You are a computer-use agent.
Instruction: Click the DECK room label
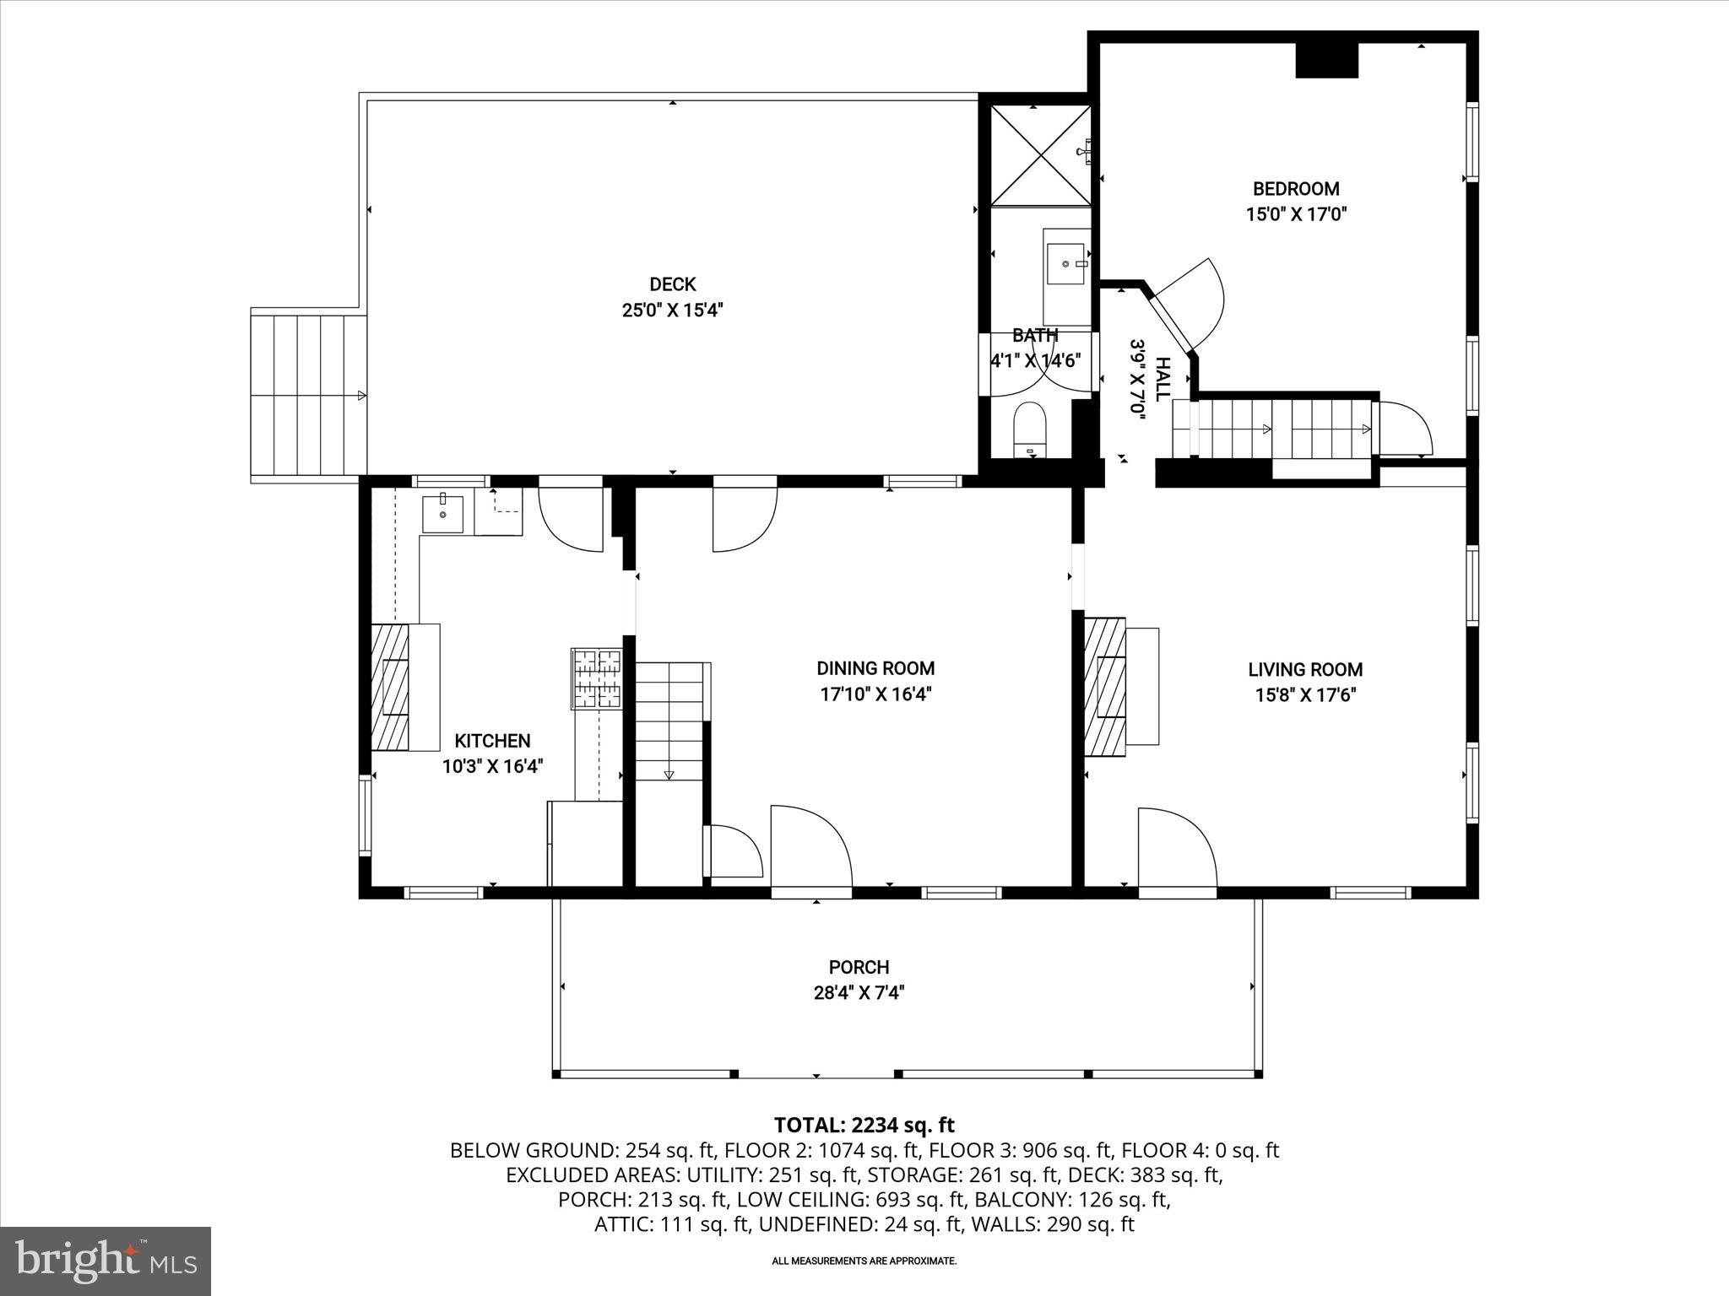tap(672, 284)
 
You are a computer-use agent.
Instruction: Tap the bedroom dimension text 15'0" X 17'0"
tap(1295, 214)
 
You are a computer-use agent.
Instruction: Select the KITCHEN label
tap(492, 741)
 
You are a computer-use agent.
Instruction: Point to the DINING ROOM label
tap(875, 668)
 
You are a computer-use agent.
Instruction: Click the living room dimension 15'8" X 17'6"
tap(1305, 695)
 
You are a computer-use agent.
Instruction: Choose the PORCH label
tap(859, 967)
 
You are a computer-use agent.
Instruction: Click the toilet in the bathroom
tap(1029, 429)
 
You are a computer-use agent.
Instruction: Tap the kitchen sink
tap(442, 514)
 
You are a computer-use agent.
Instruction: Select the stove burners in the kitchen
tap(597, 678)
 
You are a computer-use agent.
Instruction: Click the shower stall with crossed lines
tap(1040, 155)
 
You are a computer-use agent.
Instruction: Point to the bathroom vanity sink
tap(1066, 264)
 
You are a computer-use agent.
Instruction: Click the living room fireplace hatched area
tap(1105, 687)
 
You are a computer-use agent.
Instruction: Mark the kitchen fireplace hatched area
tap(390, 686)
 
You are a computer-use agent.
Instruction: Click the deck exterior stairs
tap(309, 395)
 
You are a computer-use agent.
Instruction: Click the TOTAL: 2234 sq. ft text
tap(864, 1125)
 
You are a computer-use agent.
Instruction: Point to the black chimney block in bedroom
tap(1326, 60)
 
